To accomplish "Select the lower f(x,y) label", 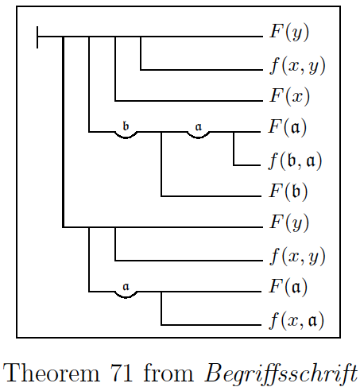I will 298,257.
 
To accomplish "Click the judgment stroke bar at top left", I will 37,37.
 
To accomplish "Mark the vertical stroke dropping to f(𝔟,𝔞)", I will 234,149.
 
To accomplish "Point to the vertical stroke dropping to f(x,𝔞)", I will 161,308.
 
